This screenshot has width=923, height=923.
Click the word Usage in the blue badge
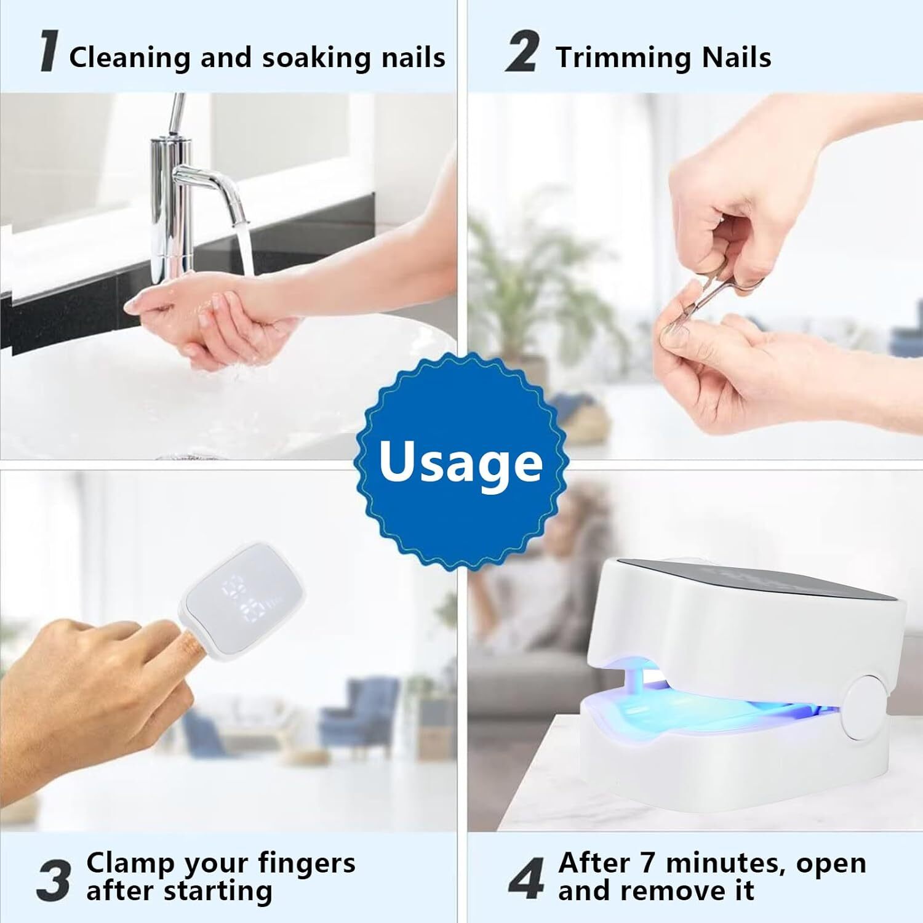coord(460,461)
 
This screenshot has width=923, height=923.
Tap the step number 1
coord(49,54)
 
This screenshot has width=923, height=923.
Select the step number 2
coord(522,54)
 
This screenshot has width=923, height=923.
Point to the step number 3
coord(53,880)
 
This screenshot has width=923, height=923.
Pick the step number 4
coord(527,880)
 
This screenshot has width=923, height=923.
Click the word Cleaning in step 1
coord(130,58)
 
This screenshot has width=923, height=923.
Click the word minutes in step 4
coord(725,863)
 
